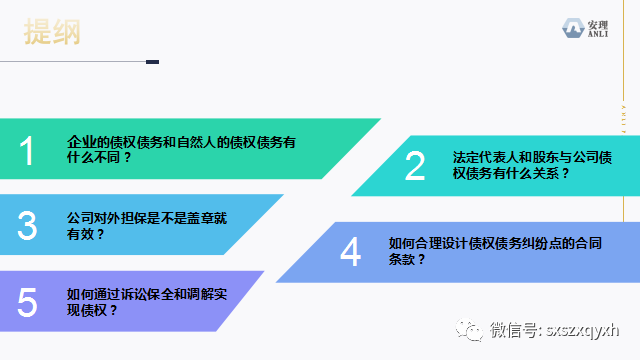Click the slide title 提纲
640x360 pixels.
point(53,32)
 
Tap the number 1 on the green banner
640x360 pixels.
point(27,151)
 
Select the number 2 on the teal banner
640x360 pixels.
point(415,165)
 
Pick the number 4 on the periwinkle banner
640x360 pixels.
point(350,252)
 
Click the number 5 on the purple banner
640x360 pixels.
point(27,301)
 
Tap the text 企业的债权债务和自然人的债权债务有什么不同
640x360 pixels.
point(181,151)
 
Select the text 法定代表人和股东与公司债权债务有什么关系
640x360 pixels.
point(519,165)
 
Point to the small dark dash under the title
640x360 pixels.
point(152,62)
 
